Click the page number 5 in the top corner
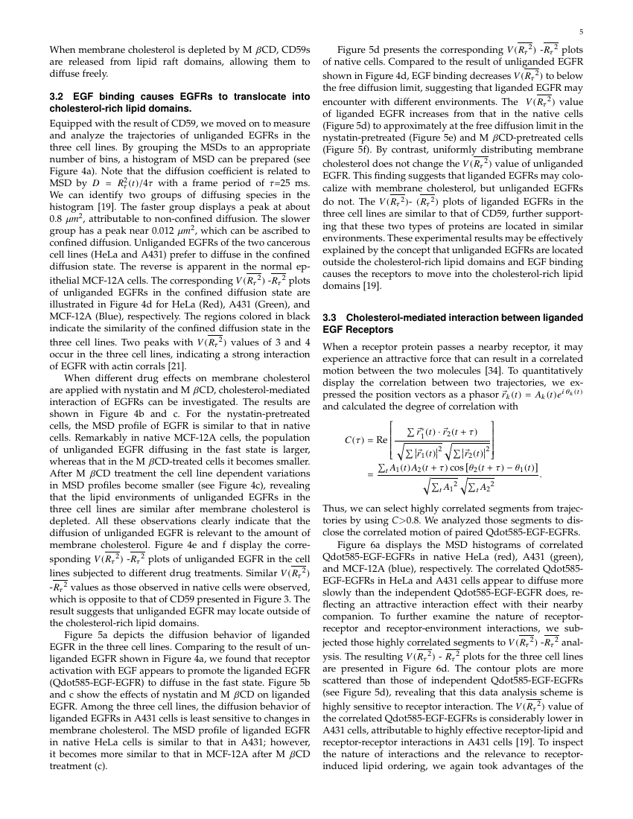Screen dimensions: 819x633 [581, 32]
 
